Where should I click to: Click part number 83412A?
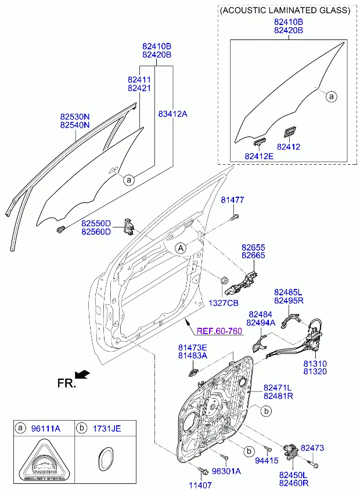coord(172,114)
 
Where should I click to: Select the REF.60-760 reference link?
coord(219,331)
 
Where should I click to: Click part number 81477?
coord(232,200)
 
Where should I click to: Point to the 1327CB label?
coord(224,303)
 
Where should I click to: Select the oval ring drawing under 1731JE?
coord(105,462)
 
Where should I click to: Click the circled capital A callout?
coord(181,248)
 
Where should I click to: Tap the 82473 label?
coord(312,448)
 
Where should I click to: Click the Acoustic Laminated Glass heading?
coord(285,10)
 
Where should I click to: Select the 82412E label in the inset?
coord(258,155)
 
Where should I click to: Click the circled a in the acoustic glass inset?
coord(331,96)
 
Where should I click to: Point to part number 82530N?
coord(75,116)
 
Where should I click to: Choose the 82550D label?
coord(96,223)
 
